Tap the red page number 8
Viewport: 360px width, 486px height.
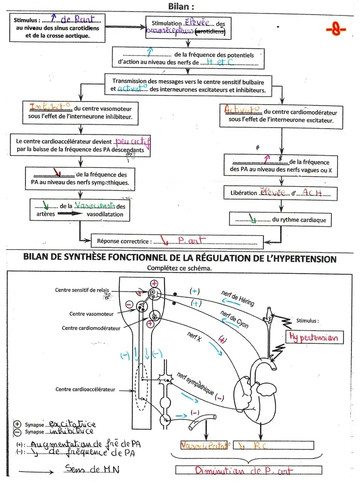[335, 30]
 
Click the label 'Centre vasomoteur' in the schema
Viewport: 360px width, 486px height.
[91, 314]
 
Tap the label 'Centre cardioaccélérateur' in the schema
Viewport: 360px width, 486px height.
[85, 389]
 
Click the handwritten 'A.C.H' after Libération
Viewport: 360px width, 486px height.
[313, 193]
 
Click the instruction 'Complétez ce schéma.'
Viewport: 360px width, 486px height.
[179, 268]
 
